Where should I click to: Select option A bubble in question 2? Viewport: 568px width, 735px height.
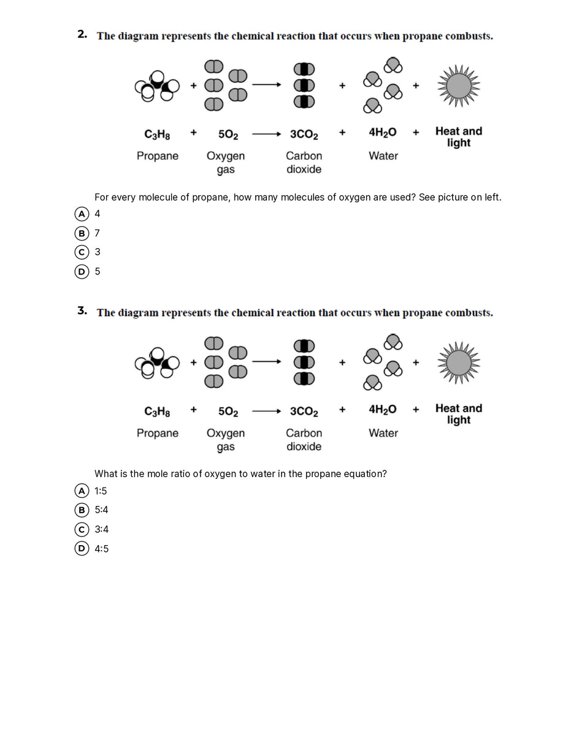pyautogui.click(x=80, y=214)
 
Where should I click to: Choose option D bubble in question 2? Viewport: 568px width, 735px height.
pyautogui.click(x=80, y=271)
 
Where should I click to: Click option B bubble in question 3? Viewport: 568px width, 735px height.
pyautogui.click(x=80, y=510)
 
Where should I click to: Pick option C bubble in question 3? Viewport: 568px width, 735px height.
pyautogui.click(x=80, y=529)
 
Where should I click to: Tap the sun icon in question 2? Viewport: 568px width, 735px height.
pyautogui.click(x=458, y=86)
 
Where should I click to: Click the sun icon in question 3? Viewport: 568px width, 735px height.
pyautogui.click(x=458, y=363)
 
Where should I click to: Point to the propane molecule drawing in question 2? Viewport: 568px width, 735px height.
pyautogui.click(x=157, y=87)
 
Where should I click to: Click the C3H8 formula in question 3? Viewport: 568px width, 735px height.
pyautogui.click(x=157, y=411)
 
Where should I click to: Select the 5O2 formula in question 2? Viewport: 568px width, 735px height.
pyautogui.click(x=228, y=134)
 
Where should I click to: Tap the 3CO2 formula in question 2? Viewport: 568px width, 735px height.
pyautogui.click(x=304, y=134)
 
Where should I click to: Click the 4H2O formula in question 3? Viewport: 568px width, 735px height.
pyautogui.click(x=383, y=410)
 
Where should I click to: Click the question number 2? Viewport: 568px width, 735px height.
pyautogui.click(x=82, y=34)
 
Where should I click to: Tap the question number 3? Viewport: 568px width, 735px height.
pyautogui.click(x=82, y=311)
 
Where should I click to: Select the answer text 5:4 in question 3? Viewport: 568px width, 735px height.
pyautogui.click(x=101, y=510)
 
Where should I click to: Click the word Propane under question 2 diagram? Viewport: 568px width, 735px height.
pyautogui.click(x=158, y=156)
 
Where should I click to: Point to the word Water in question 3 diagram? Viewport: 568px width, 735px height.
pyautogui.click(x=383, y=433)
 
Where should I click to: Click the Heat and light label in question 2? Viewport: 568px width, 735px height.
pyautogui.click(x=458, y=137)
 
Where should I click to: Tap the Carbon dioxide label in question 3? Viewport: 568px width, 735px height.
pyautogui.click(x=304, y=440)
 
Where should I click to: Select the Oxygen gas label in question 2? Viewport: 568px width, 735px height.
pyautogui.click(x=226, y=162)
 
